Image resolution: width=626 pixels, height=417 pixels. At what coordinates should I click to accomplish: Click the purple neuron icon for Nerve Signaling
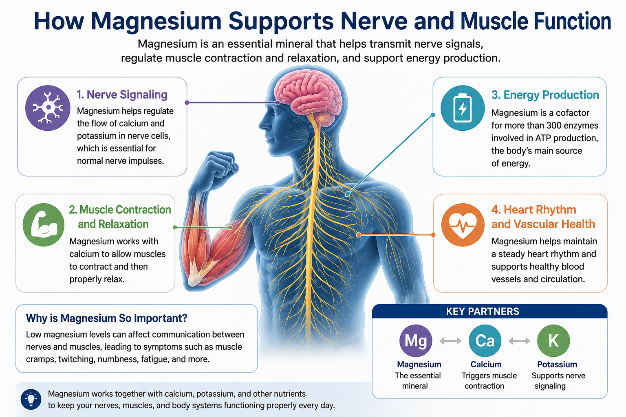(x=48, y=108)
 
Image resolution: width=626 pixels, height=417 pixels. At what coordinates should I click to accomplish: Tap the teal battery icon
(x=463, y=108)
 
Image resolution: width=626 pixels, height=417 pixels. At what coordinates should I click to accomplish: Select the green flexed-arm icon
(x=44, y=224)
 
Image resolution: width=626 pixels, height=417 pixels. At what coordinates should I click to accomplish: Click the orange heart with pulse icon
(x=463, y=224)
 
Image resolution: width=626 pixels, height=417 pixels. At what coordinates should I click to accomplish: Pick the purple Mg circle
(x=416, y=341)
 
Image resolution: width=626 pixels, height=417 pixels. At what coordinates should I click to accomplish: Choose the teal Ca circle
(x=485, y=341)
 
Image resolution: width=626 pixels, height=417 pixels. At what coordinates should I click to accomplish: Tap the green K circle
(x=553, y=341)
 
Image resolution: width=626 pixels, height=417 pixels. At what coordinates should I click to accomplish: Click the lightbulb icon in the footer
(x=31, y=399)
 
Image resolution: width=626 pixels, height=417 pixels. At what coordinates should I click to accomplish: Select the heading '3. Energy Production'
(x=545, y=95)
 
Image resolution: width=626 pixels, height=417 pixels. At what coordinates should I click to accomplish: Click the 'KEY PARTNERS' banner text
(x=483, y=312)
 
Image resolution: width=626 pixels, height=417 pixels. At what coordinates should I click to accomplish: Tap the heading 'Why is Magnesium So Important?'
(x=106, y=318)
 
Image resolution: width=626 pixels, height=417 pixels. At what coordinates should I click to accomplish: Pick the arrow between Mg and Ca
(x=450, y=341)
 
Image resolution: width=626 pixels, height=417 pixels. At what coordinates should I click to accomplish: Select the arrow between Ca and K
(x=519, y=341)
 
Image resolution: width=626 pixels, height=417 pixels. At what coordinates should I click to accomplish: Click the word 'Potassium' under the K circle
(x=557, y=364)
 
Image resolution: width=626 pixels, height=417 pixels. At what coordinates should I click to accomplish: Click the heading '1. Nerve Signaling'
(x=122, y=95)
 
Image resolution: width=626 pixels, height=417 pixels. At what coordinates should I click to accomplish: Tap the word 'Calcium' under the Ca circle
(x=486, y=364)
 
